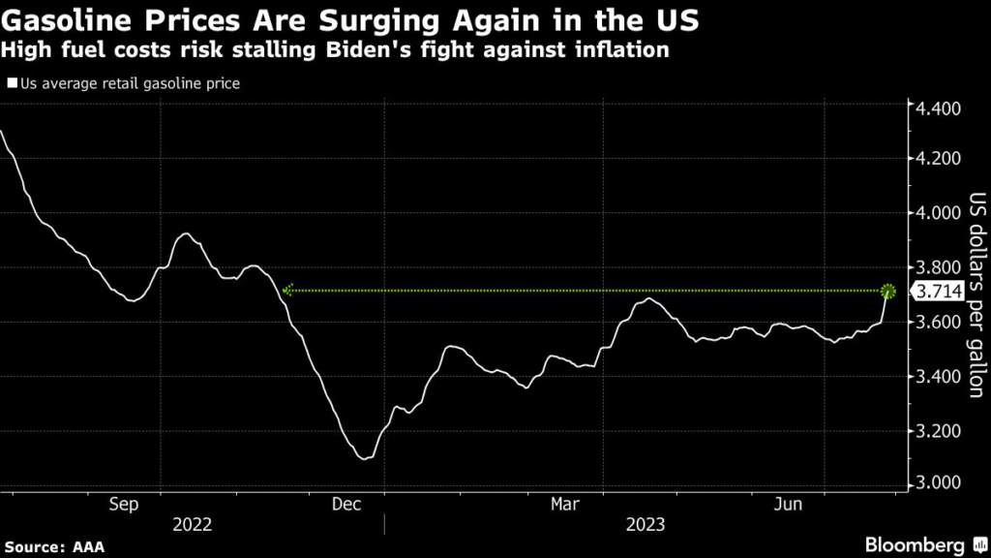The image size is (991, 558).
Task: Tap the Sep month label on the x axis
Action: (x=124, y=504)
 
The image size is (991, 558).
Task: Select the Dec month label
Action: (x=345, y=504)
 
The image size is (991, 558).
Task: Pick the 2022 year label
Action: (x=192, y=526)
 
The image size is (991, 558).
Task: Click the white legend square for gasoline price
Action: (x=12, y=83)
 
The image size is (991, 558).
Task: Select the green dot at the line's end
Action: (x=888, y=291)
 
